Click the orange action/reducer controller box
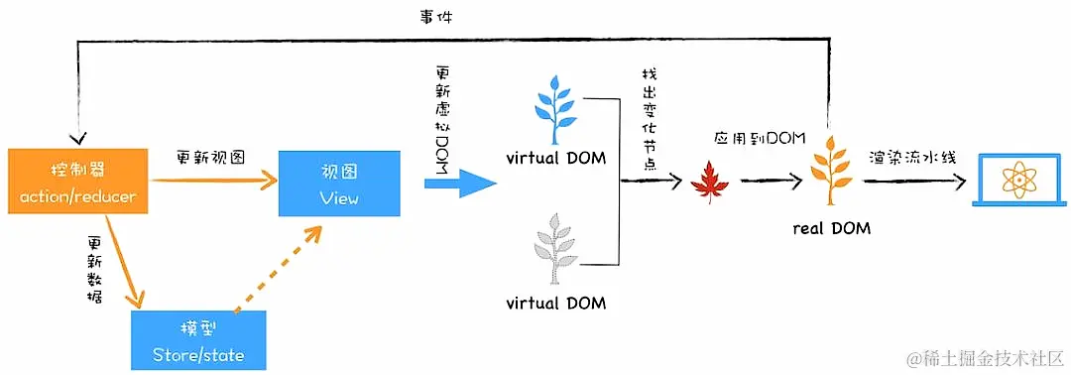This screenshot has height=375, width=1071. click(x=76, y=183)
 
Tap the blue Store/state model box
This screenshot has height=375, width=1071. click(x=199, y=340)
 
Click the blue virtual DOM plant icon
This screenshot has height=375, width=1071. click(x=554, y=108)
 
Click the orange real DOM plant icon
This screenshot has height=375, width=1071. click(x=829, y=171)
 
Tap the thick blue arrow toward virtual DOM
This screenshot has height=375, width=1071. click(x=459, y=183)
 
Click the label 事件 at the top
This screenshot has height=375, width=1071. click(x=436, y=17)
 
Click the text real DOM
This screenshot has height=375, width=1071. click(x=831, y=227)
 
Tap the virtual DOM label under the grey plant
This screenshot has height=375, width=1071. click(x=555, y=301)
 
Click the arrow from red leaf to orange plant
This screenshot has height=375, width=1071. click(x=770, y=182)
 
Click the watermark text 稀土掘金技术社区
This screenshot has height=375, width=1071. click(x=987, y=355)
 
